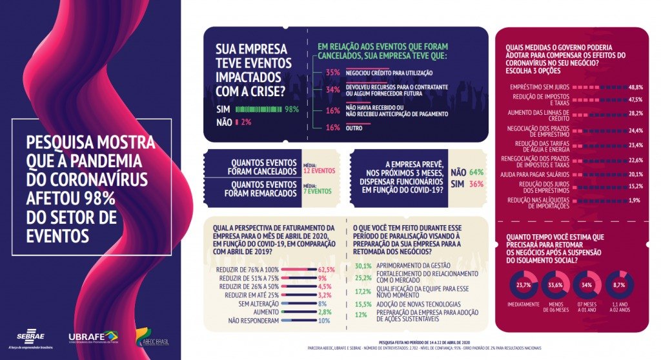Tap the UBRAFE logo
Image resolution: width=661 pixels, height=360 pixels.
point(93,337)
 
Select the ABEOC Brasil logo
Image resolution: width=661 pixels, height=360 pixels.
point(152,337)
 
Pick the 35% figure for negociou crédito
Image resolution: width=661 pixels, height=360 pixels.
point(333,73)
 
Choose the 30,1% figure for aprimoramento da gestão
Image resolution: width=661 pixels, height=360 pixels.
point(363,266)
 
